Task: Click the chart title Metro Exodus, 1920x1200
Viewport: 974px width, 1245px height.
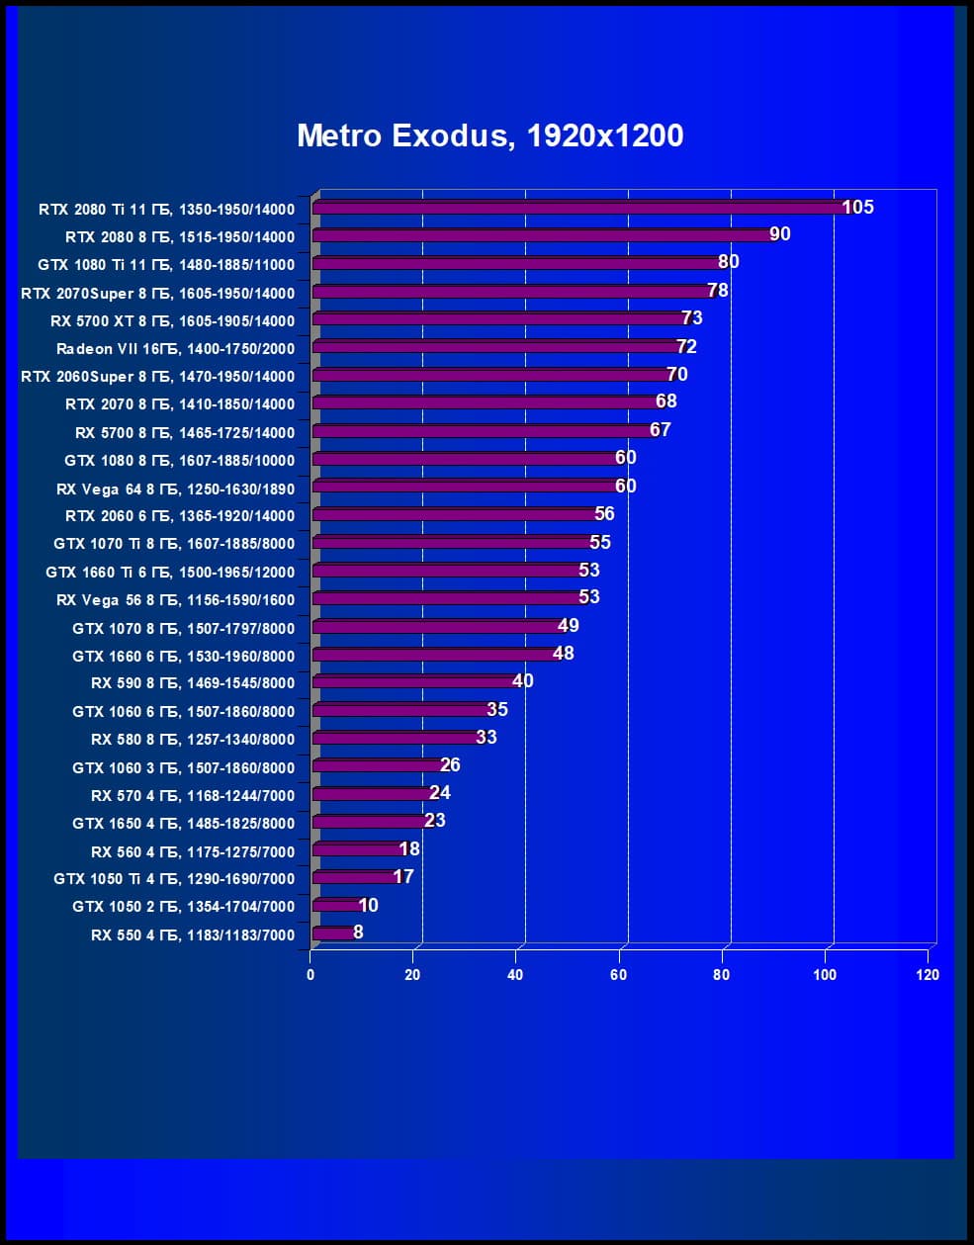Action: pos(489,135)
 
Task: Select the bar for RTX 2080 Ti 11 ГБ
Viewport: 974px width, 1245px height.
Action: pos(578,208)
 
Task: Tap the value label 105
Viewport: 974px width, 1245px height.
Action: pos(857,207)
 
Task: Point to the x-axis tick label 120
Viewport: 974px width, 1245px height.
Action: pos(927,975)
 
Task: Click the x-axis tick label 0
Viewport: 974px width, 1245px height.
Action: pos(310,975)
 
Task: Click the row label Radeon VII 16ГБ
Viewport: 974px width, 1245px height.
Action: pos(175,349)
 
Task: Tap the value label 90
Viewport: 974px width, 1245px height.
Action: pos(779,234)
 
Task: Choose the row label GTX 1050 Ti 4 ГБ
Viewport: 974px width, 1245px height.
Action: pos(173,879)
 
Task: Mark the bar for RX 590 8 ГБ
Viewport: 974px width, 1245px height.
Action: pos(413,681)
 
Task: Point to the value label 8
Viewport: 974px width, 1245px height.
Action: pos(358,932)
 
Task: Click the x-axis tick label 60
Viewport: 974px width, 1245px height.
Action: pos(618,975)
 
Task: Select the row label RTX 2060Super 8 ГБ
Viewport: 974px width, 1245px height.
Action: pos(157,377)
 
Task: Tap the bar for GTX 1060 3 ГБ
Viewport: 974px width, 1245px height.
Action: pos(377,765)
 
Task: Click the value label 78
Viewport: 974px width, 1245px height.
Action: pos(718,290)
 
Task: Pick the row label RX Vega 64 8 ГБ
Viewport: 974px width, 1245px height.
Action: pos(175,489)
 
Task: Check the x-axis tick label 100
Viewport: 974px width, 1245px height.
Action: pos(824,975)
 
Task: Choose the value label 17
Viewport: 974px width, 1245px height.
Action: pos(403,876)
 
